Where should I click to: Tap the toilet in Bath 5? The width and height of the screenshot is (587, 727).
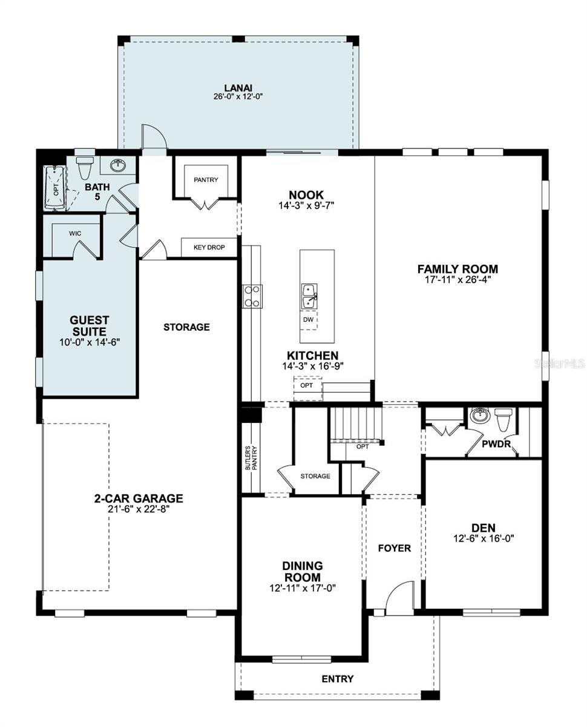84,167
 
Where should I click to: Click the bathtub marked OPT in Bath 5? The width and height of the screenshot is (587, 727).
56,187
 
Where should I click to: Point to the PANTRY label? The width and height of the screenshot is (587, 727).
206,180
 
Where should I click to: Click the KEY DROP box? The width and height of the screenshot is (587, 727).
209,248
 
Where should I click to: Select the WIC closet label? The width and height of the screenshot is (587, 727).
75,233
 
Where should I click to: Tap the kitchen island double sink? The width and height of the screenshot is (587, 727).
309,297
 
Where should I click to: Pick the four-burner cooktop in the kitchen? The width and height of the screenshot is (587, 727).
252,297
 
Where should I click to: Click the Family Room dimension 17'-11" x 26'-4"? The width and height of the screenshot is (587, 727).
457,280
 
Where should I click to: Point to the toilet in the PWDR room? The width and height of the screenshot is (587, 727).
503,419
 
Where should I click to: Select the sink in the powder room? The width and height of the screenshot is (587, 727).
479,416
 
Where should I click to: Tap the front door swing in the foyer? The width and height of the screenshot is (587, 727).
399,599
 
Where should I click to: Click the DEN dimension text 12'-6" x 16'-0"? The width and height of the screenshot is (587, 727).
484,538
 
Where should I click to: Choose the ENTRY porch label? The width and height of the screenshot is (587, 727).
338,679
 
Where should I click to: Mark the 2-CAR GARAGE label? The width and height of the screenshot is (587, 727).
139,499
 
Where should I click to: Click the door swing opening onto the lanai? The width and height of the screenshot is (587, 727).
152,137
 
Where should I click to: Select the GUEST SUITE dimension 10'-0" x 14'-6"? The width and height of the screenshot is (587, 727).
89,342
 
